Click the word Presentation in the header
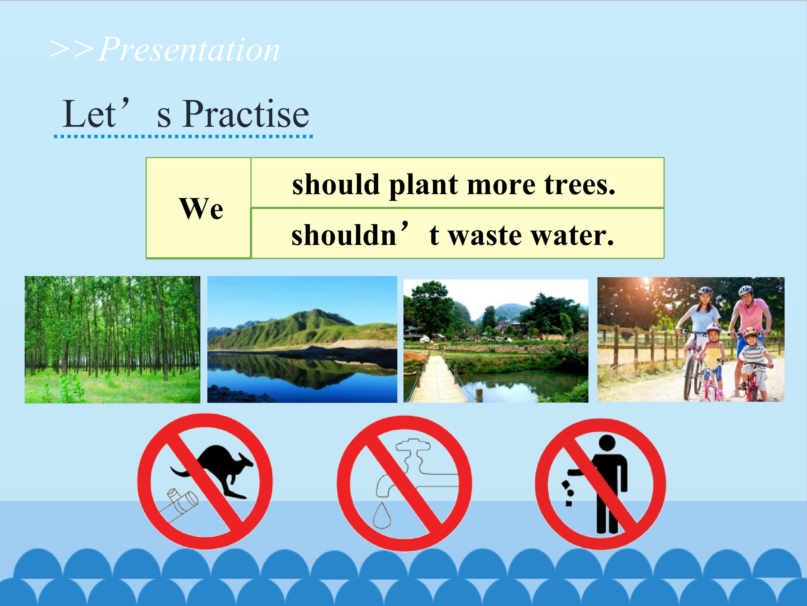coord(189,50)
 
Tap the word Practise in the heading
coord(246,114)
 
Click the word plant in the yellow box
coord(423,185)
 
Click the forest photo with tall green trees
coord(112,340)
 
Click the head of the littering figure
coord(607,443)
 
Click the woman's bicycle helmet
coord(706,291)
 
